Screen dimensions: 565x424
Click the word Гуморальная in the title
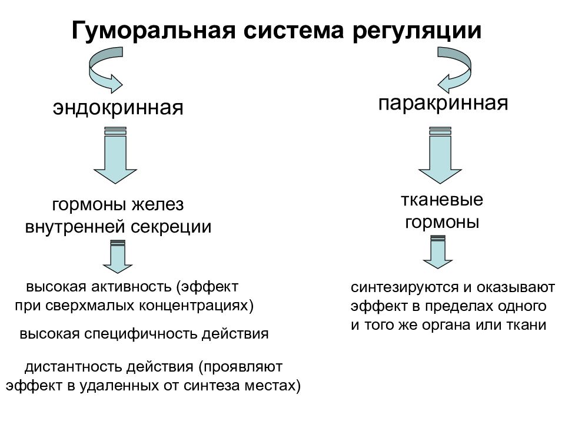click(x=154, y=31)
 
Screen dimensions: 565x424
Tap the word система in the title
click(x=294, y=31)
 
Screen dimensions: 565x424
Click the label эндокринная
click(x=118, y=107)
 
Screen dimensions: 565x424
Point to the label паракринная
click(x=443, y=104)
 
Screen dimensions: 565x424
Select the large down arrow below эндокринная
click(x=115, y=155)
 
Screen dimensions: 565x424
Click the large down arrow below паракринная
click(x=440, y=155)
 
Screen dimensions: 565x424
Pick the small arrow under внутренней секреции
click(x=118, y=257)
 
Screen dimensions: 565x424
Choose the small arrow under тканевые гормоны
click(x=438, y=252)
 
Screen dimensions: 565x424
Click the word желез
click(x=158, y=205)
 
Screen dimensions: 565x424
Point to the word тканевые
click(x=442, y=200)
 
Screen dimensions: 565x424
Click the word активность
click(x=131, y=287)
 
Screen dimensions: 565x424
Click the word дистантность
click(x=74, y=367)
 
